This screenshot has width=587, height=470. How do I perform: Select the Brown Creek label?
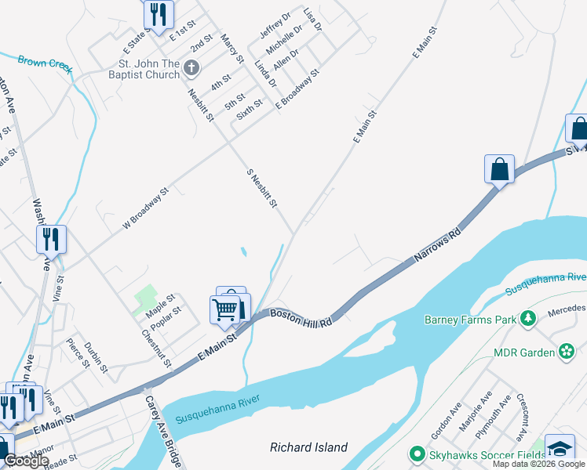[45, 60]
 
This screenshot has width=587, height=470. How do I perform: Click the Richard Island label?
[308, 447]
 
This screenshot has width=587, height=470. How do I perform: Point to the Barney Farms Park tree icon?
[529, 318]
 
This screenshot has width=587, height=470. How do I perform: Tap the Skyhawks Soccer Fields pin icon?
[414, 454]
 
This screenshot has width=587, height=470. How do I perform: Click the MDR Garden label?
[524, 352]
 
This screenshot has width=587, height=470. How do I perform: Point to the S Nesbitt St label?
[262, 188]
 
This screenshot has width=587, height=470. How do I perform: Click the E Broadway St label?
[297, 88]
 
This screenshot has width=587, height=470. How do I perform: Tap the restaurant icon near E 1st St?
[158, 13]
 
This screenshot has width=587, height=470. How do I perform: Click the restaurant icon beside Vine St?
[52, 239]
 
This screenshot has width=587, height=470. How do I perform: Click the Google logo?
[26, 461]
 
